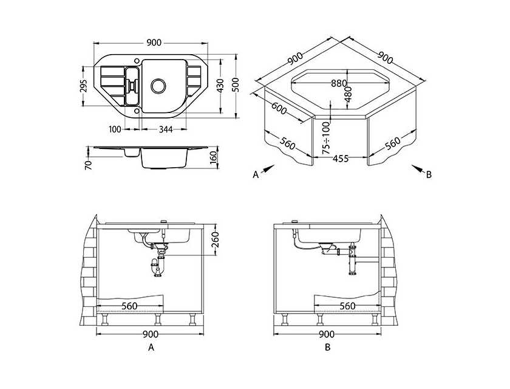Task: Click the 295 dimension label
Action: point(84,86)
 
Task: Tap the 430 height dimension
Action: point(220,86)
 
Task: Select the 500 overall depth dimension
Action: point(236,85)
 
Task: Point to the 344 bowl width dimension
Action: point(166,129)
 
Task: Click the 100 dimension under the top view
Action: point(115,129)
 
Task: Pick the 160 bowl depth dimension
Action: point(213,158)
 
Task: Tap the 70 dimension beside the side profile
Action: point(89,165)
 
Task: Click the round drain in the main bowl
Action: point(158,86)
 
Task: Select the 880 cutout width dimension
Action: point(339,84)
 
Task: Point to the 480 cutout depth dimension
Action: point(348,94)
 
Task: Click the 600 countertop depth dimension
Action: point(279,109)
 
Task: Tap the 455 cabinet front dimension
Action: point(341,159)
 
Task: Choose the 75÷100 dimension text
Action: point(326,138)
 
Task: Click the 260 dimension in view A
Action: point(216,239)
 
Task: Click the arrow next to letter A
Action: point(268,169)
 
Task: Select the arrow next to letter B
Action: point(418,168)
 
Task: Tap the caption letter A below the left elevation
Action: point(151,348)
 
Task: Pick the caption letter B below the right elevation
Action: point(327,347)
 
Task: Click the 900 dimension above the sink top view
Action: point(154,43)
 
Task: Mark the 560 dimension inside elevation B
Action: point(347,306)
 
